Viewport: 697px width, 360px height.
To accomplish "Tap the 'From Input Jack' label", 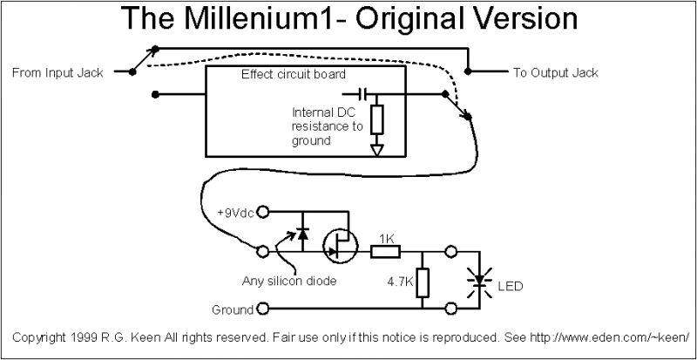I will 58,73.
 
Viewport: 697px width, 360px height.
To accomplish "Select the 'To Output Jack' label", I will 555,73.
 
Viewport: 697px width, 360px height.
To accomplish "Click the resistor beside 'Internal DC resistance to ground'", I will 377,117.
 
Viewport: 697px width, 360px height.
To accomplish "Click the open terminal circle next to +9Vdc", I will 264,212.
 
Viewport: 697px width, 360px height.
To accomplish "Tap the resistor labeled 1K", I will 385,253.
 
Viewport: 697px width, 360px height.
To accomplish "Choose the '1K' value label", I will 385,237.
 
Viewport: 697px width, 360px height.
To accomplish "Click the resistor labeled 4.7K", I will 423,282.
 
